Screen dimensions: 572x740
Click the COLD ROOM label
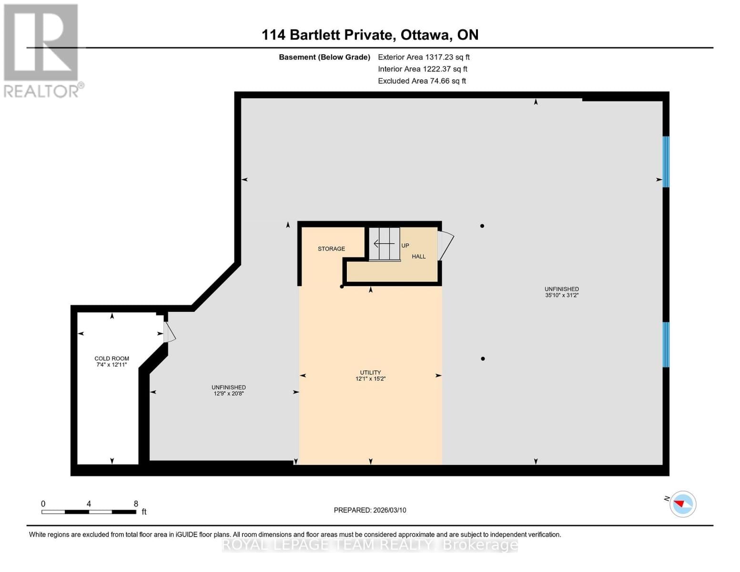(x=112, y=358)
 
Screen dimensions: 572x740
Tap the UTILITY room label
(x=370, y=373)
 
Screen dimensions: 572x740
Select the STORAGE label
(x=331, y=249)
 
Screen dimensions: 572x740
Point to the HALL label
(x=418, y=256)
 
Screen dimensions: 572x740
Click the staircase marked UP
(x=385, y=244)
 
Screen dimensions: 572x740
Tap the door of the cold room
(x=169, y=332)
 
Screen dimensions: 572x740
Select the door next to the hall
(x=446, y=245)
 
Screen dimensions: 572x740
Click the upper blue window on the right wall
(x=666, y=162)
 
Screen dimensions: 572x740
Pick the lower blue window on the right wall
(x=666, y=345)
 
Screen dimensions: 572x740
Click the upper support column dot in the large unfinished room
(x=482, y=226)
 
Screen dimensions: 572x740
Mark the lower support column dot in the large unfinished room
(x=483, y=358)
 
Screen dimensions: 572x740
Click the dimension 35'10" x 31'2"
(x=562, y=296)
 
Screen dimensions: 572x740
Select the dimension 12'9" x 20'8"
(x=229, y=394)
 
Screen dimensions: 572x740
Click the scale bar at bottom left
(x=89, y=511)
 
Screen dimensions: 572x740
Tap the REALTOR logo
(x=41, y=51)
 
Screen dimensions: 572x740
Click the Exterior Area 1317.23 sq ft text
(x=424, y=57)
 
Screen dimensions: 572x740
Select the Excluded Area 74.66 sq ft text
(x=422, y=81)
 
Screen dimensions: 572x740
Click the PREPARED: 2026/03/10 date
(x=370, y=510)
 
